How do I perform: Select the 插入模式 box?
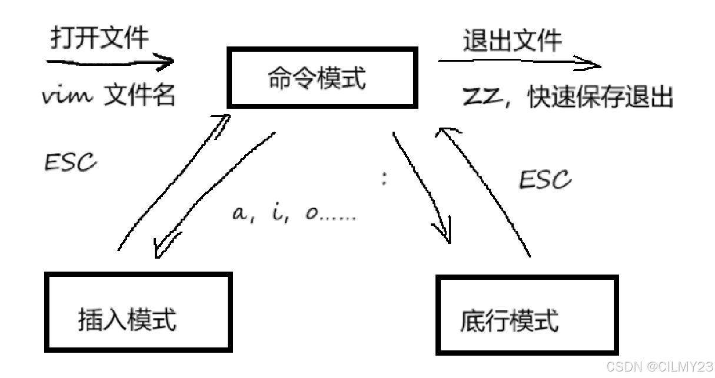point(139,312)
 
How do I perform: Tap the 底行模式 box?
point(527,315)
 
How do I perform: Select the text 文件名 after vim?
point(140,95)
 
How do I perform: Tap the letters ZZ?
point(481,97)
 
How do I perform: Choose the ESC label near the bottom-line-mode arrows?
point(544,179)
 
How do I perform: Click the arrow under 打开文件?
point(112,61)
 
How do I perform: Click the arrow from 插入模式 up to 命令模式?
point(171,182)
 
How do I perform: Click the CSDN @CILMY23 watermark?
point(659,367)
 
